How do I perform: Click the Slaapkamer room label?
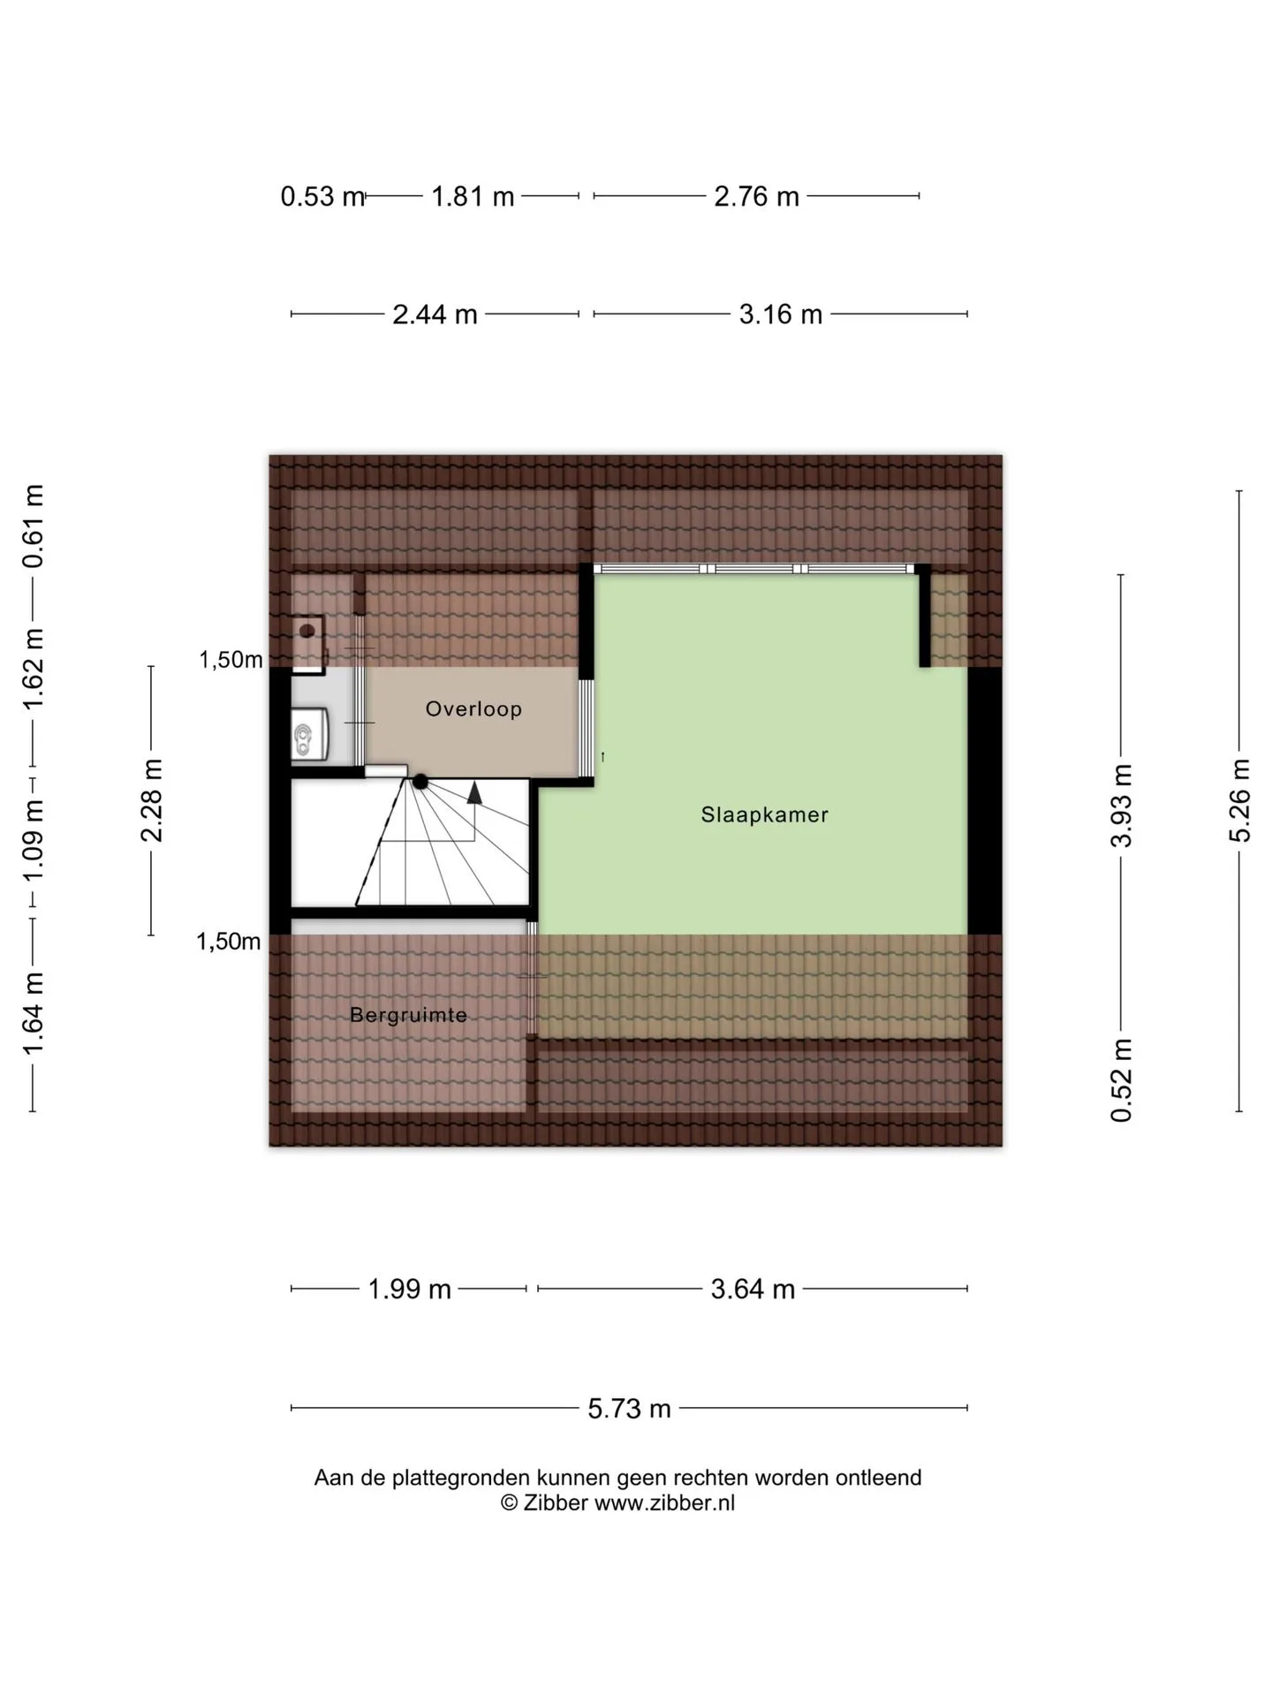764,814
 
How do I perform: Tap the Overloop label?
473,708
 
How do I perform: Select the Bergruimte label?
408,1015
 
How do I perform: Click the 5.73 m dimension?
630,1408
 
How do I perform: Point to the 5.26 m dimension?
1240,800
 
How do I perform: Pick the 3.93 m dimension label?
1121,806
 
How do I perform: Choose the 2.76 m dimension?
756,196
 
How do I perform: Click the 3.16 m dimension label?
781,314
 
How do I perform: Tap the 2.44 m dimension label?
435,314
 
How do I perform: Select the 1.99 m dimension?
409,1290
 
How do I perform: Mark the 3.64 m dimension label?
753,1290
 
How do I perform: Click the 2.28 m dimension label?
152,800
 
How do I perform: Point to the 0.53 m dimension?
322,196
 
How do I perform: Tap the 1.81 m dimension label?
473,196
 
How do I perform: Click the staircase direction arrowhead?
474,792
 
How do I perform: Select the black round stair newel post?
420,782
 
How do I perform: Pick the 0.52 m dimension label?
1121,1079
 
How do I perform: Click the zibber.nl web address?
664,1503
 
